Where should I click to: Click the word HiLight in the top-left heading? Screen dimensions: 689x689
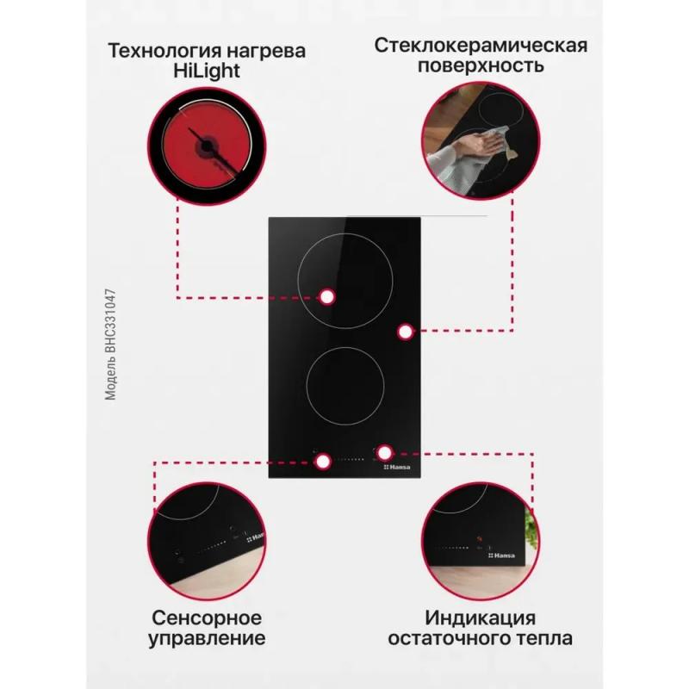click(207, 71)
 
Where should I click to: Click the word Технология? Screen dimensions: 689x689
click(164, 51)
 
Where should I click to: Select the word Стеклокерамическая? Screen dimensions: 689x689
click(481, 46)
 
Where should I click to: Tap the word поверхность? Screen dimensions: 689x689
click(481, 66)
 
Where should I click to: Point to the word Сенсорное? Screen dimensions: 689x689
click(207, 618)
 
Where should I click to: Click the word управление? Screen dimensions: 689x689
click(207, 639)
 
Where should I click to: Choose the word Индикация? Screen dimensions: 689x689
click(481, 618)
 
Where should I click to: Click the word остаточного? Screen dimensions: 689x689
click(449, 638)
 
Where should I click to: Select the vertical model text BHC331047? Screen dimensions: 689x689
click(111, 320)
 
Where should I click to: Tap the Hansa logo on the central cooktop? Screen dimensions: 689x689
click(397, 467)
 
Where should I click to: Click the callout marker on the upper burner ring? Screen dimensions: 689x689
click(326, 297)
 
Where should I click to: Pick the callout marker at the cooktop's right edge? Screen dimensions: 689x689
click(405, 332)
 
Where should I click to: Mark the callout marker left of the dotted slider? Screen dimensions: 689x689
click(323, 462)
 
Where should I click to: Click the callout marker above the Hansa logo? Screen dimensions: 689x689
click(385, 453)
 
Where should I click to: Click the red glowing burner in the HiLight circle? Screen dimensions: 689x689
click(207, 146)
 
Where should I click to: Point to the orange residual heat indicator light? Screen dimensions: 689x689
click(480, 539)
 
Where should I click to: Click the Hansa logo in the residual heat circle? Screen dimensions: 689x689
click(501, 556)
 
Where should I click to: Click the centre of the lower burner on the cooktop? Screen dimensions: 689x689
click(345, 386)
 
